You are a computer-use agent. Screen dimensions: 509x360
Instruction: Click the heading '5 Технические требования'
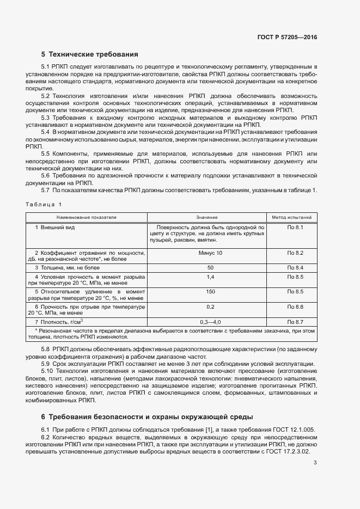(x=90, y=54)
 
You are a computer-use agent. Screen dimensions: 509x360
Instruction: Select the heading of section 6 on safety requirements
(x=147, y=417)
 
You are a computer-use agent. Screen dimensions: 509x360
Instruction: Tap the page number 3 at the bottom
(x=315, y=463)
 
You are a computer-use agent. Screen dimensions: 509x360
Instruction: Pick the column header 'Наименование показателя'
(x=87, y=217)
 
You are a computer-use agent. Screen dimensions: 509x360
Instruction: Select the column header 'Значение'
(x=206, y=217)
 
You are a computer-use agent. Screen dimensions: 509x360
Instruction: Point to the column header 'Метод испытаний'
(x=291, y=217)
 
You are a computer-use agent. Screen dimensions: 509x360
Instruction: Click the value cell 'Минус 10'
(x=210, y=253)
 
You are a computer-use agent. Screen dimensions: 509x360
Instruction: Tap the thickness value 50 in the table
(x=210, y=268)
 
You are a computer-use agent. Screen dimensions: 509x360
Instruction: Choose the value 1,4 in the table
(x=210, y=277)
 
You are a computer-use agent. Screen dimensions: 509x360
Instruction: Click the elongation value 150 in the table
(x=210, y=292)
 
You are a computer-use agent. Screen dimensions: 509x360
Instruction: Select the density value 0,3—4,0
(x=210, y=322)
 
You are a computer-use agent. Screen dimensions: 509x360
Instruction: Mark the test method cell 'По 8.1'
(x=295, y=227)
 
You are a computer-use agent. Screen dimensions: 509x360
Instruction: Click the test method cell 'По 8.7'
(x=295, y=322)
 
